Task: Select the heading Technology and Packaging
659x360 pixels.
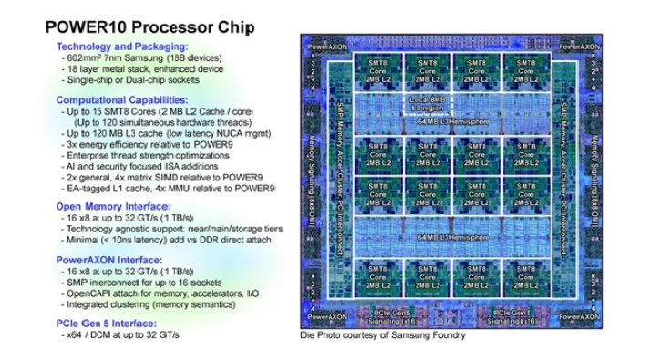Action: tap(122, 46)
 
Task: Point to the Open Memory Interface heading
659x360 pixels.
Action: tap(116, 207)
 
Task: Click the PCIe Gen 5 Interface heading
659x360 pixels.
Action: tap(113, 322)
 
